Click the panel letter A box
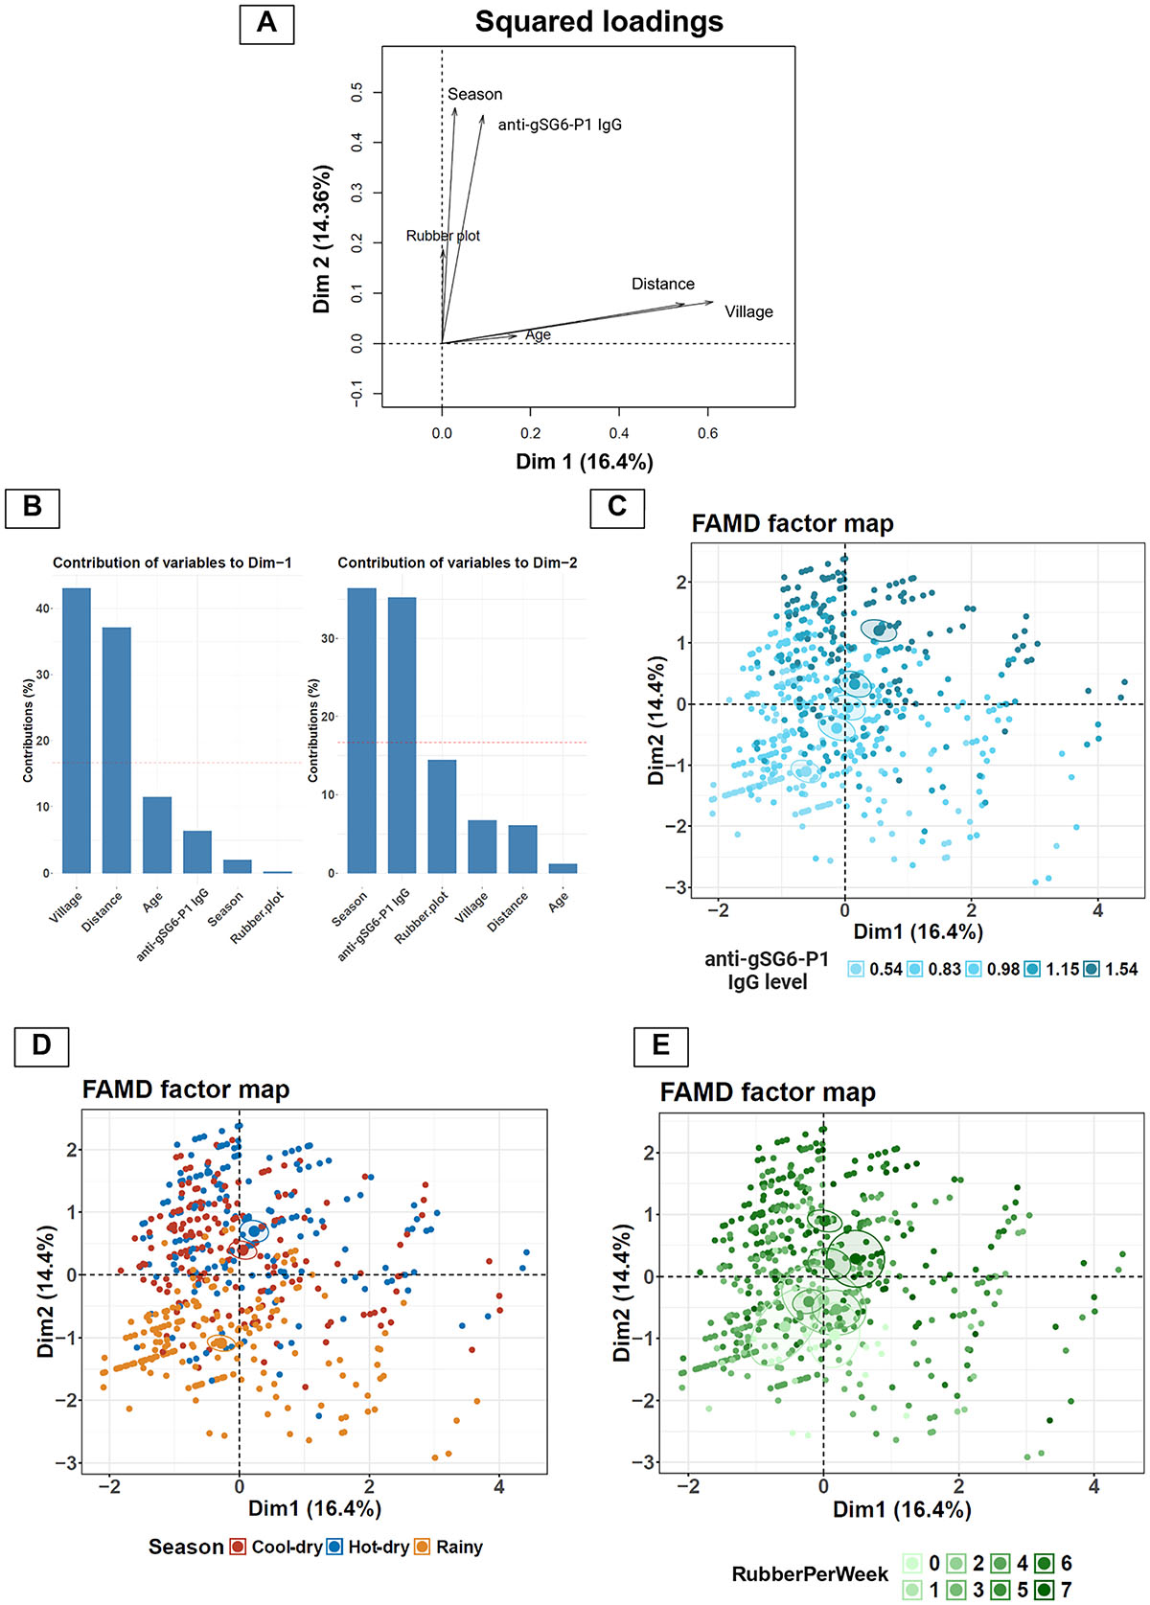[x=266, y=23]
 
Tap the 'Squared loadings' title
[x=599, y=22]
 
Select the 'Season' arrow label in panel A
[x=474, y=94]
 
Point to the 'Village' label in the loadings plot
[x=748, y=311]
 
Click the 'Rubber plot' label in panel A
[x=443, y=236]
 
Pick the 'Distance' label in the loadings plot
[x=662, y=284]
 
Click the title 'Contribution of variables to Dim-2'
[x=457, y=562]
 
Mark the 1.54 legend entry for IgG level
[x=1111, y=969]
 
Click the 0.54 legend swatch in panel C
[x=857, y=969]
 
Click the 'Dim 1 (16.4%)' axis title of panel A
[x=585, y=462]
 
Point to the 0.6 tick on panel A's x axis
[x=707, y=433]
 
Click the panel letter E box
[x=660, y=1044]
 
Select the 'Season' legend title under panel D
[x=185, y=1547]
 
